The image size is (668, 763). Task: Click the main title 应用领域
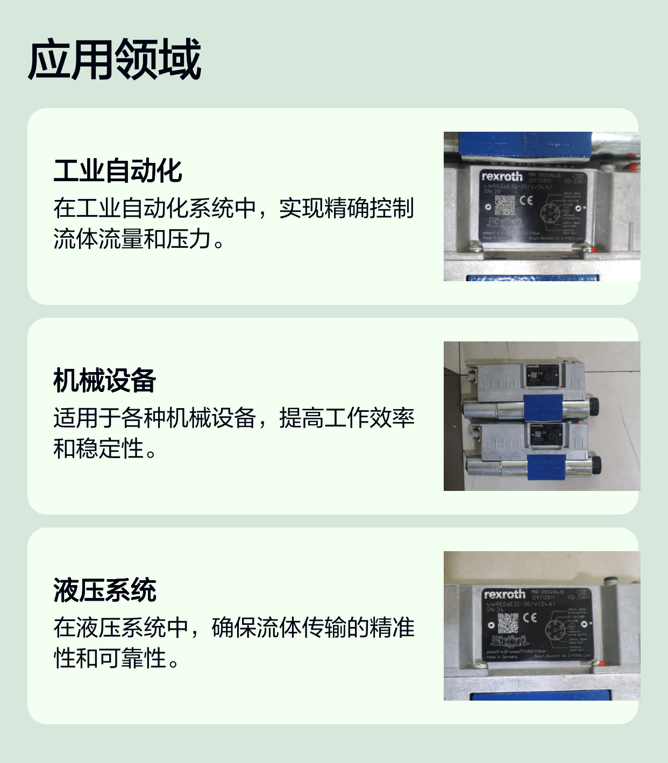click(114, 59)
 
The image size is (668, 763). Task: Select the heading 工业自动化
click(118, 171)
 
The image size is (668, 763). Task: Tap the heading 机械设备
click(104, 381)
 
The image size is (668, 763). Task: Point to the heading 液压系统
click(104, 590)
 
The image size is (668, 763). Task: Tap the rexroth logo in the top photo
click(502, 176)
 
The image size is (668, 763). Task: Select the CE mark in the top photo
click(526, 201)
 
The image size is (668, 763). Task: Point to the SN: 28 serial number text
click(492, 191)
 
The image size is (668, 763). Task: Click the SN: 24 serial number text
click(495, 610)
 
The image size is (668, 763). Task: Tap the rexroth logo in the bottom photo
click(504, 594)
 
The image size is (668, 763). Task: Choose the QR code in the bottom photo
click(508, 623)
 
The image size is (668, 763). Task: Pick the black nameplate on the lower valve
click(545, 434)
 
